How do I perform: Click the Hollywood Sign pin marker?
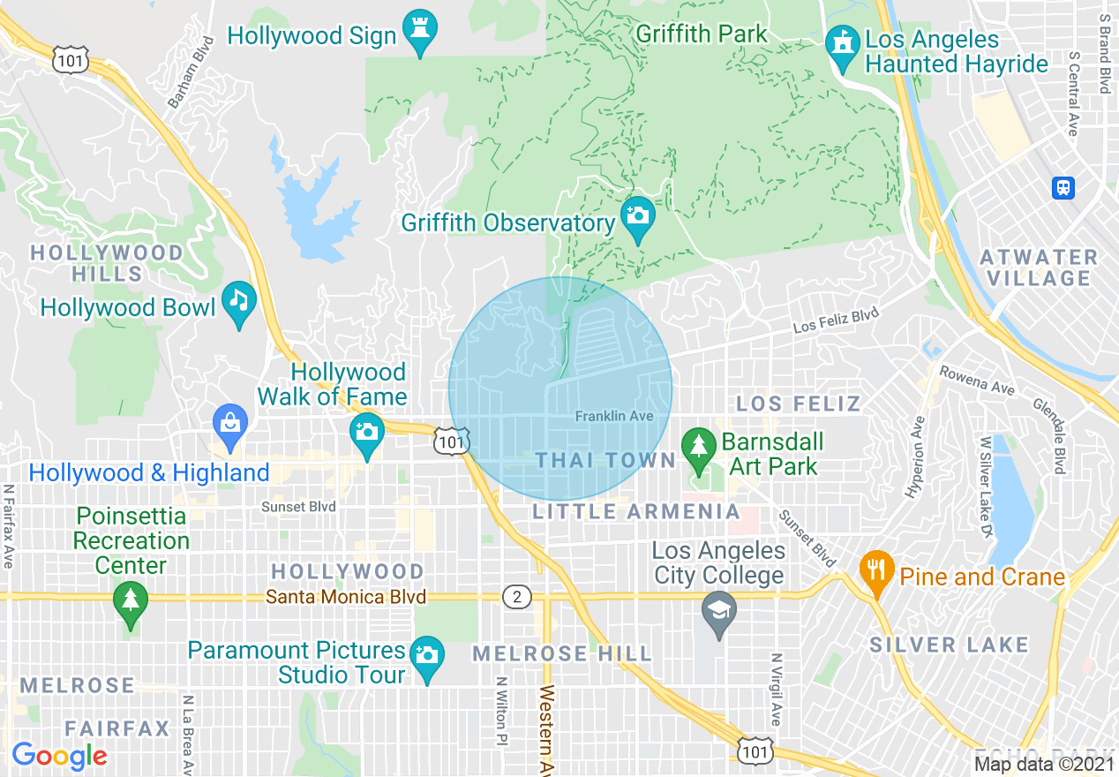tap(419, 32)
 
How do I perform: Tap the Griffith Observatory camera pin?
tap(636, 218)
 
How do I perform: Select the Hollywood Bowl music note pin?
tap(238, 303)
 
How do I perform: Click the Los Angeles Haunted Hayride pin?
tap(842, 47)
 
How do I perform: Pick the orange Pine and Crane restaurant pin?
tap(875, 571)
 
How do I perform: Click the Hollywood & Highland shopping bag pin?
tap(230, 426)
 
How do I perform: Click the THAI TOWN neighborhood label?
tap(605, 461)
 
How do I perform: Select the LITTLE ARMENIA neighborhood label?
tap(636, 511)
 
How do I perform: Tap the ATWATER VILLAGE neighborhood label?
tap(1039, 268)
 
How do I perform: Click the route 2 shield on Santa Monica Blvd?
tap(516, 598)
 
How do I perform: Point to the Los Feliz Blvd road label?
tap(836, 320)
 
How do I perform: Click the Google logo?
tap(59, 756)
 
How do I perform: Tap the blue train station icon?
tap(1063, 187)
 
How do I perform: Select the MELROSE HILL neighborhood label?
tap(562, 654)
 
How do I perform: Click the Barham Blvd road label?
tap(191, 72)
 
